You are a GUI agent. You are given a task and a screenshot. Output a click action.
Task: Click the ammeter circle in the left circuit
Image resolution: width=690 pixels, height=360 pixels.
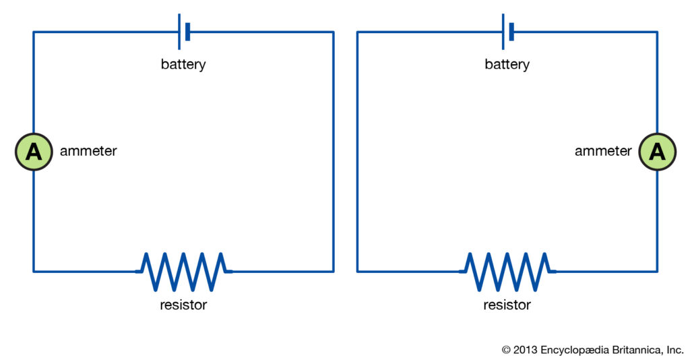(34, 152)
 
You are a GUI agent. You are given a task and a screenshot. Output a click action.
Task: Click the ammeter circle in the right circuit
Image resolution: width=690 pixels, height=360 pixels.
(657, 152)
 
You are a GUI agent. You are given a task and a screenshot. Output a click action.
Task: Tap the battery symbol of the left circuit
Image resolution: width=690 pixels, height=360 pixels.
(183, 32)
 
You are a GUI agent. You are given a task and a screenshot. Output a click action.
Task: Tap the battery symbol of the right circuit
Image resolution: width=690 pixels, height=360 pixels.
(507, 32)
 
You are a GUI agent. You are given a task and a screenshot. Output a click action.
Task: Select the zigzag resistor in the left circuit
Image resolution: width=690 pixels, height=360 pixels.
(183, 271)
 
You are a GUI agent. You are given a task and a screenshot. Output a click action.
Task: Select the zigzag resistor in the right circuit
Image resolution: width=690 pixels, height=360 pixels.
(507, 271)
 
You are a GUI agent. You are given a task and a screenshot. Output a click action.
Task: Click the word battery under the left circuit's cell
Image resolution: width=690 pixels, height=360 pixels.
(183, 65)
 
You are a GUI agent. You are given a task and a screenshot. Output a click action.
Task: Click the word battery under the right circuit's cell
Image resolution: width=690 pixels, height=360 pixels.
(507, 65)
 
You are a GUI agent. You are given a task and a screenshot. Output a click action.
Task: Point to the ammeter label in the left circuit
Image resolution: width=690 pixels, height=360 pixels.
(88, 152)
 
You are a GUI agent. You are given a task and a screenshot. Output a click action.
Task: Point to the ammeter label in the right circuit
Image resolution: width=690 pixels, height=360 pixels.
(603, 152)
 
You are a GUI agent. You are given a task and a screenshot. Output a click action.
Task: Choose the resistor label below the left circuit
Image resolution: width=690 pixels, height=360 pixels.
(183, 305)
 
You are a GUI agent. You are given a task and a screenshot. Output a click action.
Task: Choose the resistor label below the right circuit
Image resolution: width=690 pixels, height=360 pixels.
(507, 305)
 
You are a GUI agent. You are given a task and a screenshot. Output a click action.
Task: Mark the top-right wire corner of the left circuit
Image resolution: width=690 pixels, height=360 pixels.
(333, 32)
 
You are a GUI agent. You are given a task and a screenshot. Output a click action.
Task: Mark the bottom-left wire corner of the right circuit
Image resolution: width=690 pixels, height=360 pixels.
(358, 271)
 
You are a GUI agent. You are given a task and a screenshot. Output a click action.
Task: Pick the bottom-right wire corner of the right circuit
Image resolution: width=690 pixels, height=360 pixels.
(657, 271)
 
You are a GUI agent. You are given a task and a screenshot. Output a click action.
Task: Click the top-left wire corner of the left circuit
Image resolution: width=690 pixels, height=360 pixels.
(34, 32)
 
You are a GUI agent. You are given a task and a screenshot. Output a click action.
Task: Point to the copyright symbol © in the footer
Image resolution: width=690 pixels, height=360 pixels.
(507, 350)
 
